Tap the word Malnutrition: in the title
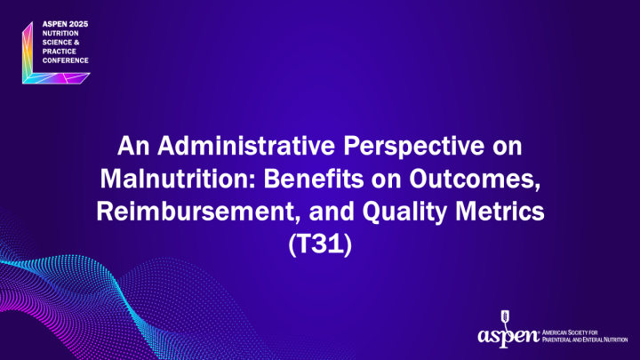(167, 176)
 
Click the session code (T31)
(321, 244)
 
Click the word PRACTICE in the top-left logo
(54, 51)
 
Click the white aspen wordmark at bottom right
(507, 336)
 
